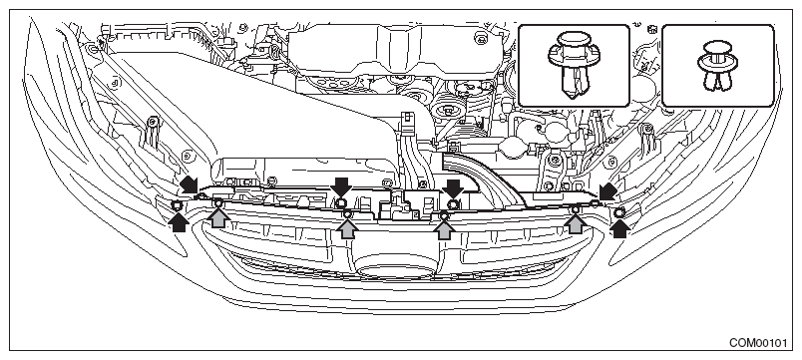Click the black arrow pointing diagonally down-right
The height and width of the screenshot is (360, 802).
click(189, 184)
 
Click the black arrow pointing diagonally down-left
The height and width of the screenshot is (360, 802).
click(608, 191)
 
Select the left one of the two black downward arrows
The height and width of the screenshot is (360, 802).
click(340, 186)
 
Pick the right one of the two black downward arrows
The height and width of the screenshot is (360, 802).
click(452, 188)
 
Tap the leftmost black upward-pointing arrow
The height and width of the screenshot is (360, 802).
click(178, 222)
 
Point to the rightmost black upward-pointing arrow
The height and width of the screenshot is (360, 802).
click(619, 228)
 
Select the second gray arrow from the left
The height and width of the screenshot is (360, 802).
click(348, 227)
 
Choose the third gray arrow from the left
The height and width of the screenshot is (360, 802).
click(444, 228)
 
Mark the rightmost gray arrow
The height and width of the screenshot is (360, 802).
click(576, 223)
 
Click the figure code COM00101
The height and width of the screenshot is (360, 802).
click(758, 343)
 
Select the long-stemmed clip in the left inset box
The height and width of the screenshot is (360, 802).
click(573, 66)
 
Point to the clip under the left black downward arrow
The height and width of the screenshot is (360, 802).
click(341, 203)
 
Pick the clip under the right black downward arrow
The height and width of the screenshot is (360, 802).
click(453, 205)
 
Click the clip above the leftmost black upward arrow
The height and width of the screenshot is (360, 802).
click(178, 205)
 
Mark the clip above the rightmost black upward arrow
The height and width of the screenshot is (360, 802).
click(618, 212)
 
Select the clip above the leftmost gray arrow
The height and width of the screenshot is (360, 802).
click(217, 203)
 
